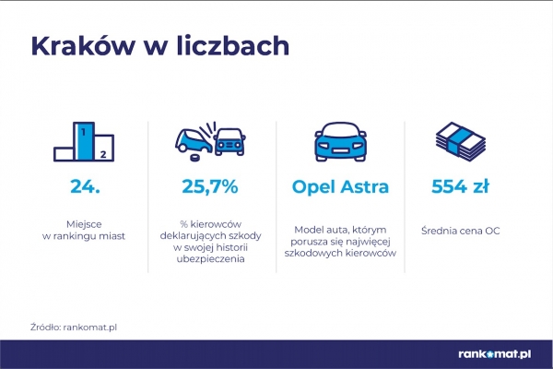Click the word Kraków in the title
[x=83, y=46]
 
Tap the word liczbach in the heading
[x=233, y=45]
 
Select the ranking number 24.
[x=86, y=186]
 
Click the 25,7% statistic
[x=210, y=186]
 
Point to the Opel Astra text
[x=340, y=187]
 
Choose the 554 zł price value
[x=460, y=186]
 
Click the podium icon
[x=84, y=141]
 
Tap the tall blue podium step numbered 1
[x=84, y=141]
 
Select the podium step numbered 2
[x=104, y=148]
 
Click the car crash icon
[x=210, y=141]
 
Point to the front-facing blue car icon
[x=340, y=141]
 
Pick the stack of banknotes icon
[x=460, y=140]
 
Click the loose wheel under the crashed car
[x=194, y=157]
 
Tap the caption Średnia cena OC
[x=460, y=231]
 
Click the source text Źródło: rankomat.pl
[x=74, y=327]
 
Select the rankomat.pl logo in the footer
[x=495, y=354]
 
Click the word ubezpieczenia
[x=210, y=259]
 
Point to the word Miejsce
[x=84, y=224]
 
